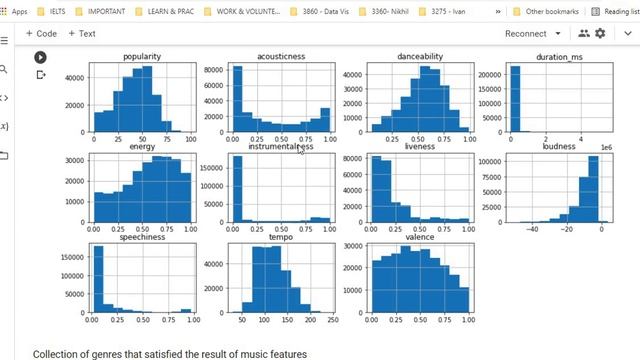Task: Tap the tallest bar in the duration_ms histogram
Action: [514, 100]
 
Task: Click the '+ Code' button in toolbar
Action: [40, 33]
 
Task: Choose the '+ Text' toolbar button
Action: [81, 33]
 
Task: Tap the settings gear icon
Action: [600, 33]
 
